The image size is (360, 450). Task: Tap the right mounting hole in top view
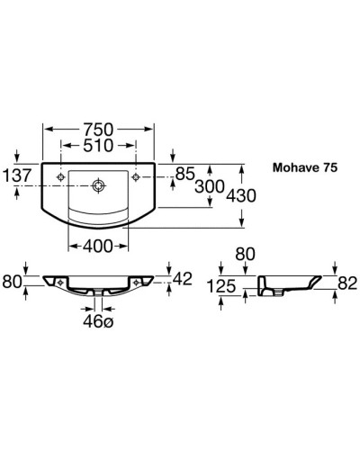(137, 175)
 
